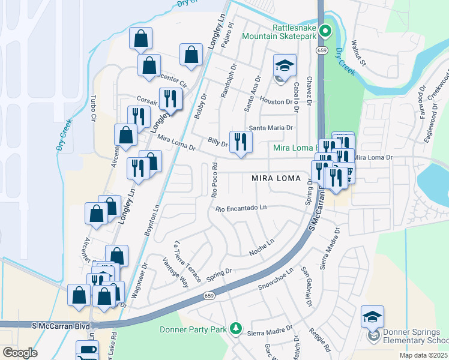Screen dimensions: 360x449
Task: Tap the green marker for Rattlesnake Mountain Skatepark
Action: pyautogui.click(x=325, y=31)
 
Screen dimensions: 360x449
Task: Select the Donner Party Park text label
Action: pyautogui.click(x=193, y=329)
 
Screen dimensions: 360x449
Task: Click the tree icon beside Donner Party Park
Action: pyautogui.click(x=237, y=329)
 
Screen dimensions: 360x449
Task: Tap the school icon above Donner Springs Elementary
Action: pyautogui.click(x=372, y=316)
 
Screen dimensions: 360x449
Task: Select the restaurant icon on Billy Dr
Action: pyautogui.click(x=241, y=142)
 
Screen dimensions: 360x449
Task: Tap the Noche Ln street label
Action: pyautogui.click(x=262, y=248)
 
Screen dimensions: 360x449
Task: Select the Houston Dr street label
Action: pyautogui.click(x=276, y=102)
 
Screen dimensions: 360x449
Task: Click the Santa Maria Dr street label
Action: pyautogui.click(x=271, y=128)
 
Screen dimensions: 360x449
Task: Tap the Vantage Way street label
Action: pyautogui.click(x=175, y=271)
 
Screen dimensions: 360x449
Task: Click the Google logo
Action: pyautogui.click(x=20, y=353)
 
